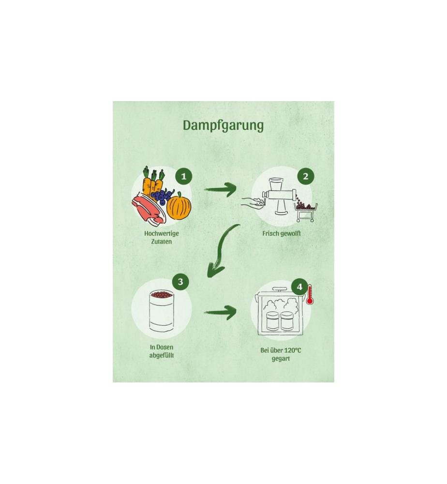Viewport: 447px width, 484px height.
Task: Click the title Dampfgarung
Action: pyautogui.click(x=223, y=126)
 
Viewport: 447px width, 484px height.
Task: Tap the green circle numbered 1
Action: pyautogui.click(x=183, y=177)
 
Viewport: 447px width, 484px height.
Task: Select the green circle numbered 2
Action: pyautogui.click(x=305, y=177)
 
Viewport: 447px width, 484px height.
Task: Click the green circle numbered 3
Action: pyautogui.click(x=180, y=282)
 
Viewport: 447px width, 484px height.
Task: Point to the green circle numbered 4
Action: pyautogui.click(x=299, y=287)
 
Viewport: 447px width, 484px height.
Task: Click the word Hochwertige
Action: pyautogui.click(x=162, y=234)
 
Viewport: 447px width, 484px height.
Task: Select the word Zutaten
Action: pyautogui.click(x=162, y=242)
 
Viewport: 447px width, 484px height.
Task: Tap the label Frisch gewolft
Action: pyautogui.click(x=282, y=234)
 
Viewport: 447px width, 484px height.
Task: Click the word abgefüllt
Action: pyautogui.click(x=162, y=355)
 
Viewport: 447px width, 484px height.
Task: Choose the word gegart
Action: pyautogui.click(x=281, y=359)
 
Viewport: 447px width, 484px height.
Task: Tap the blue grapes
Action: pyautogui.click(x=162, y=197)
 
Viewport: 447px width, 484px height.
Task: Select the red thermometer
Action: pyautogui.click(x=310, y=295)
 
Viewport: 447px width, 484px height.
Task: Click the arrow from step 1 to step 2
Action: pyautogui.click(x=220, y=189)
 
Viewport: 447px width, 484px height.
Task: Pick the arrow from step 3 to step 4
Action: pyautogui.click(x=220, y=312)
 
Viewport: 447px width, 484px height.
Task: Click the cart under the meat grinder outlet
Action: pyautogui.click(x=306, y=212)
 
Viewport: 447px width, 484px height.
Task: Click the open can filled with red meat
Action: pyautogui.click(x=161, y=311)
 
